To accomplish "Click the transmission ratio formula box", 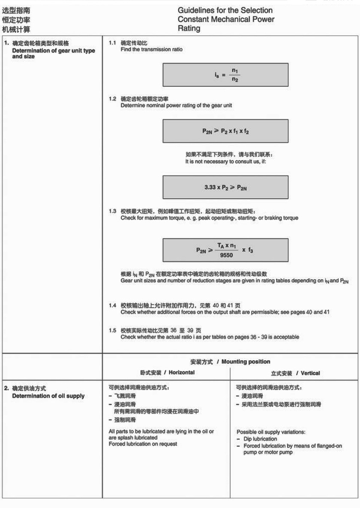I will [225, 75].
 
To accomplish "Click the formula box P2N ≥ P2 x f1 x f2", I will [225, 131].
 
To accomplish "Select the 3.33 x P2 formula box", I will [225, 188].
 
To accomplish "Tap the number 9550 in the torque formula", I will [226, 255].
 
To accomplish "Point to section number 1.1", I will [112, 43].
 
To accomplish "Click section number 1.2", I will [112, 99].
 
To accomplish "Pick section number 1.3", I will [112, 211].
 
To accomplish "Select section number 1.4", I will [112, 305].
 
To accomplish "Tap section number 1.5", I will [112, 330].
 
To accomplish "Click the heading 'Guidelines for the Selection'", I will [225, 10].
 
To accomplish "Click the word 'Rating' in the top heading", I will [189, 29].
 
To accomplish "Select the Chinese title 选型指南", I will [16, 10].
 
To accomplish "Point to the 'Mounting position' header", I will [246, 362].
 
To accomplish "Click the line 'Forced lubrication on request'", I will [143, 444].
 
